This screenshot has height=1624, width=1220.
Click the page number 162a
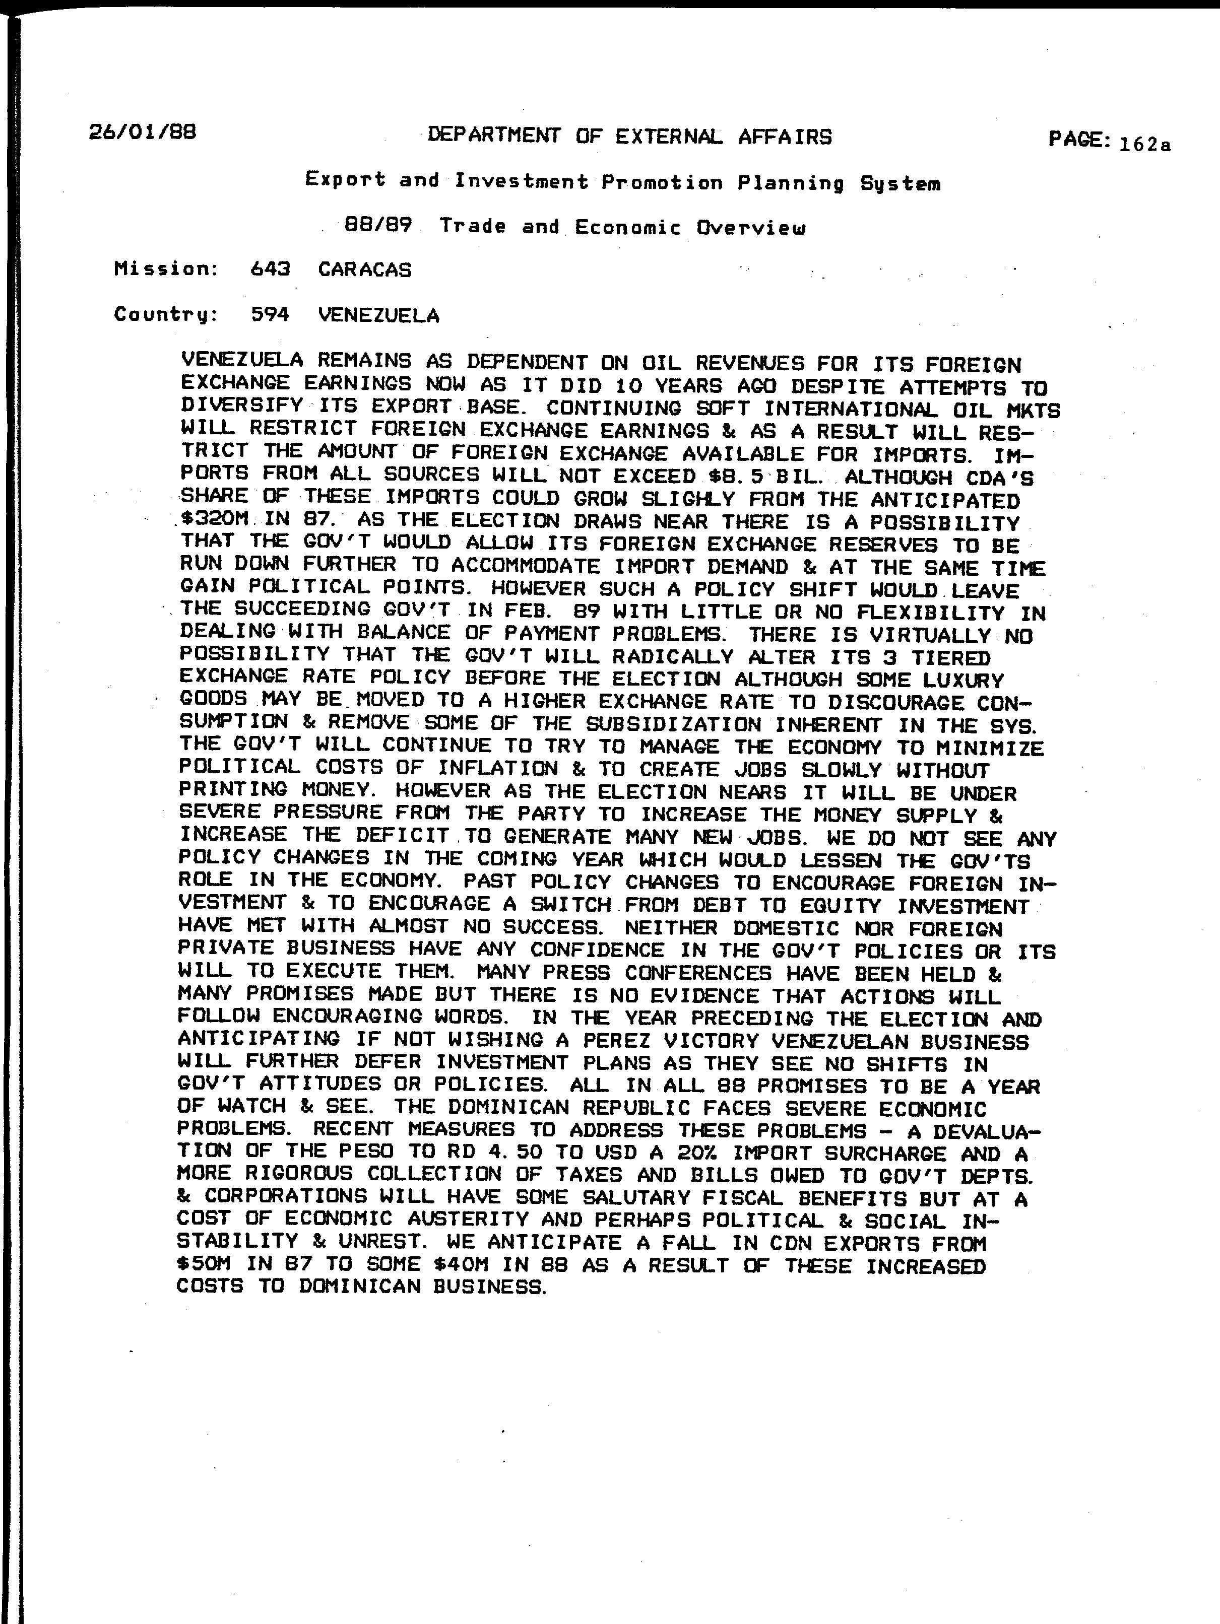[1144, 145]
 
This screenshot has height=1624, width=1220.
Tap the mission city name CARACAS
[365, 270]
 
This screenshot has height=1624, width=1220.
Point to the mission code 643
[270, 269]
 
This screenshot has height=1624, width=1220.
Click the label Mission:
[166, 269]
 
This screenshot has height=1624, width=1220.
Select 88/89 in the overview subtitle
[377, 226]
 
